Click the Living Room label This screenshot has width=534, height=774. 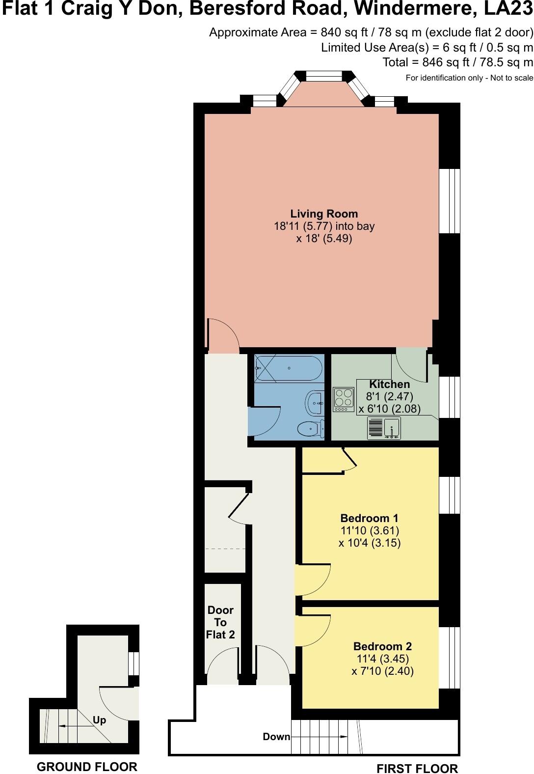pyautogui.click(x=324, y=214)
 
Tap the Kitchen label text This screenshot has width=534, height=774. pyautogui.click(x=389, y=384)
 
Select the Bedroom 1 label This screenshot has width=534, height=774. pyautogui.click(x=369, y=518)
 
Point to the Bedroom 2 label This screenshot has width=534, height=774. pyautogui.click(x=382, y=646)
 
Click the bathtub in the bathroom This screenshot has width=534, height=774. pyautogui.click(x=289, y=368)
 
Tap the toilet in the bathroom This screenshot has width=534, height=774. pyautogui.click(x=311, y=429)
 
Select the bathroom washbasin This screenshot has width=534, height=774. pyautogui.click(x=315, y=403)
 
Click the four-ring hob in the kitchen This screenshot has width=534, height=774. pyautogui.click(x=344, y=399)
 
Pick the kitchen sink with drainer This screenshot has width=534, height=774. pyautogui.click(x=384, y=428)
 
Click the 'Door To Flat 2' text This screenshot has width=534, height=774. pyautogui.click(x=220, y=622)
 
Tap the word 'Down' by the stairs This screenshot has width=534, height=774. pyautogui.click(x=276, y=737)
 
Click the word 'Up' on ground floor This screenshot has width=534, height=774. pyautogui.click(x=99, y=720)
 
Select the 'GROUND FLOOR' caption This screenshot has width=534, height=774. pyautogui.click(x=87, y=767)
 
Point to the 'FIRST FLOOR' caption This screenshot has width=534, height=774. pyautogui.click(x=417, y=769)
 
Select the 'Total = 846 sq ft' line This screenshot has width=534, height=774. pyautogui.click(x=457, y=62)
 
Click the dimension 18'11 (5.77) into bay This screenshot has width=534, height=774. pyautogui.click(x=324, y=226)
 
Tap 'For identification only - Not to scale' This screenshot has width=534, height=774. pyautogui.click(x=469, y=78)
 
